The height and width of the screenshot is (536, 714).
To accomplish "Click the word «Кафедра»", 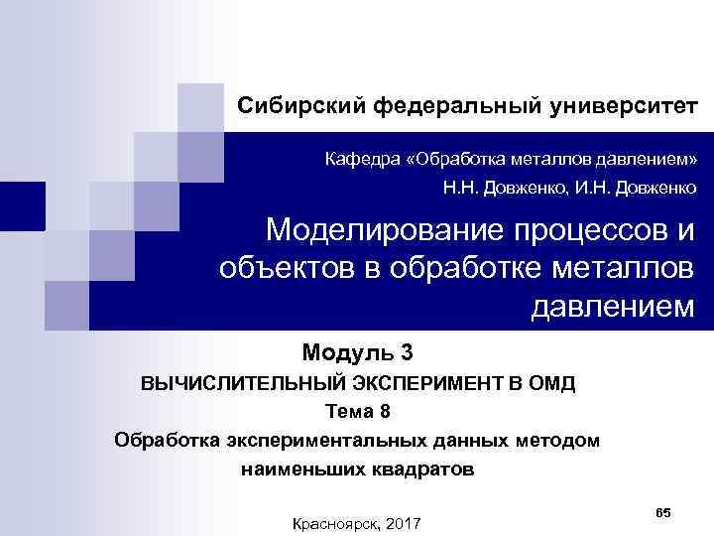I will [366, 159].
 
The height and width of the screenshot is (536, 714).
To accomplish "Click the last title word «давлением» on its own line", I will [613, 306].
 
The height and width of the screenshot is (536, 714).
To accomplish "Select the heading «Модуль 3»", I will [356, 351].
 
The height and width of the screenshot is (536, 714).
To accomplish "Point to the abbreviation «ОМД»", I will [549, 383].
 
